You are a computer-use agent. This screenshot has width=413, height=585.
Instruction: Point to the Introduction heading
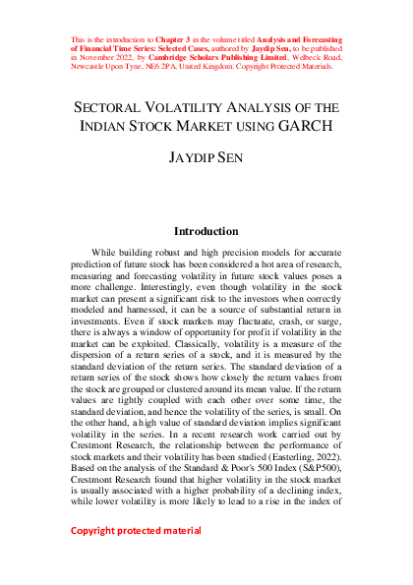coord(206,232)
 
